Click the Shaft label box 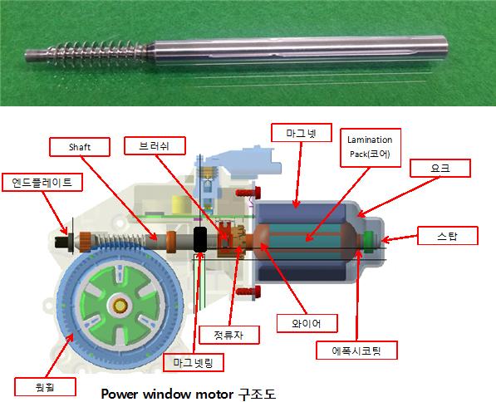(x=80, y=147)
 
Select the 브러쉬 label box (x=155, y=145)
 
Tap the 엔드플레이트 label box (x=42, y=182)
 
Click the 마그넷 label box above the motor (x=302, y=133)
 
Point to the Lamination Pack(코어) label (x=371, y=147)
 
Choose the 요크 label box (x=440, y=168)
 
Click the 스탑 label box (x=448, y=235)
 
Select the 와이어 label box (x=307, y=323)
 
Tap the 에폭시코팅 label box (x=356, y=350)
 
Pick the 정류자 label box (x=229, y=335)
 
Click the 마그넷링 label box (x=194, y=362)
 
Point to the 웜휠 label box (x=45, y=386)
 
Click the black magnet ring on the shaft (x=200, y=239)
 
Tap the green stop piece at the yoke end (x=368, y=242)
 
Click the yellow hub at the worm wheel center (x=120, y=306)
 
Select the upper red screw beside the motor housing (x=248, y=192)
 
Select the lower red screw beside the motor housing (x=248, y=292)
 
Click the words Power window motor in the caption (x=167, y=394)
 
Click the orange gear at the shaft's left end (x=85, y=242)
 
